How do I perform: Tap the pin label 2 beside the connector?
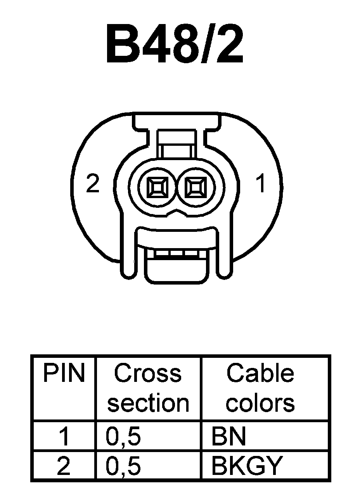[93, 184]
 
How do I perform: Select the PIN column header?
[64, 373]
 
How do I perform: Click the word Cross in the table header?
[148, 373]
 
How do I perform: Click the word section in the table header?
[148, 403]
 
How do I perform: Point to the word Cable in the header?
[260, 373]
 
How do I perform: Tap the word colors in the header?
[260, 403]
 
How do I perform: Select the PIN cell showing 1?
[64, 437]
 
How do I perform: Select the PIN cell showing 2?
[64, 466]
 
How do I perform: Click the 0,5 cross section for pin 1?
[123, 437]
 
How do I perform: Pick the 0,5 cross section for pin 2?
[123, 466]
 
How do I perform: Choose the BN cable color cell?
[228, 437]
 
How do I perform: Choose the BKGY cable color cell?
[245, 466]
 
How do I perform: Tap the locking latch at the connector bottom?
[177, 268]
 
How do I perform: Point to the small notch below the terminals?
[177, 213]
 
